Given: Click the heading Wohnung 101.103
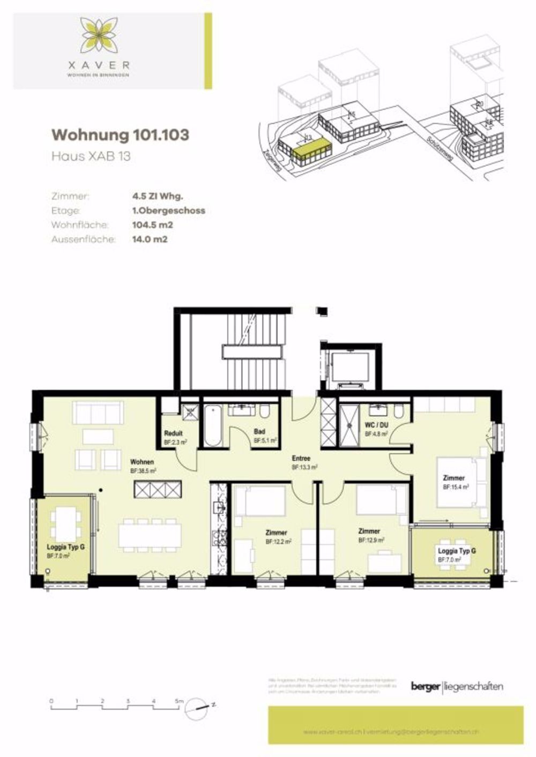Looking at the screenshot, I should [120, 135].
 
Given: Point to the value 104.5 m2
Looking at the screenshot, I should [152, 225].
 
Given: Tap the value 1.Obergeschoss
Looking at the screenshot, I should [168, 211].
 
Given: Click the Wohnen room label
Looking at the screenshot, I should [142, 462].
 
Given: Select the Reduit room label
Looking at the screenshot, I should [174, 433].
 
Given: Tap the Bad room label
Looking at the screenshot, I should [259, 432].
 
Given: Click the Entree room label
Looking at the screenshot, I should [301, 459].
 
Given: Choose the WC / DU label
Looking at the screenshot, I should [376, 425].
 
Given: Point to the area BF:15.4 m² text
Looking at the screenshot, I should [456, 488].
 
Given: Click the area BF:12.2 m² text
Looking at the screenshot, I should [279, 542].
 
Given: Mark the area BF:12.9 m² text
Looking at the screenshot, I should [371, 541].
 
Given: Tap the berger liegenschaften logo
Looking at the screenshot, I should [457, 687].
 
